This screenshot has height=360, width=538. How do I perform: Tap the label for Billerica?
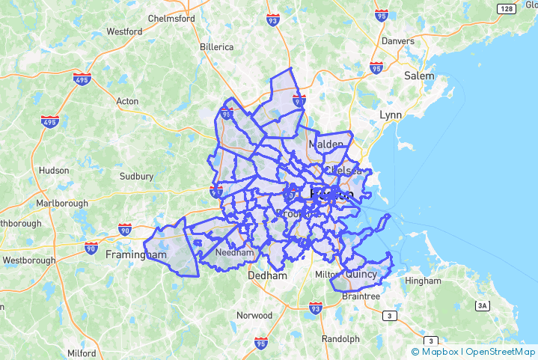216,46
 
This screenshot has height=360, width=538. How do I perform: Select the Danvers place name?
397,40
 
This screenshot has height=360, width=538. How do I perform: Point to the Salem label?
418,76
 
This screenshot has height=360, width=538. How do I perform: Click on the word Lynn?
391,115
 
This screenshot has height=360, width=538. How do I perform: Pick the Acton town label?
127,101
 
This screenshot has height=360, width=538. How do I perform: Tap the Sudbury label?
136,177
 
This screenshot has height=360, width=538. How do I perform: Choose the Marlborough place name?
61,203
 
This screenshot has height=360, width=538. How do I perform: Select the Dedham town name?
267,275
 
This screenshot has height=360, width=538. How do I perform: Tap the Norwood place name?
254,315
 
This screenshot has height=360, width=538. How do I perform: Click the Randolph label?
341,338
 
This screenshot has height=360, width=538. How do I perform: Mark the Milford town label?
81,353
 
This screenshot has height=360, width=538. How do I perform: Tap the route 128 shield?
506,8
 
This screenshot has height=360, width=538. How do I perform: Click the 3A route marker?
483,305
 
